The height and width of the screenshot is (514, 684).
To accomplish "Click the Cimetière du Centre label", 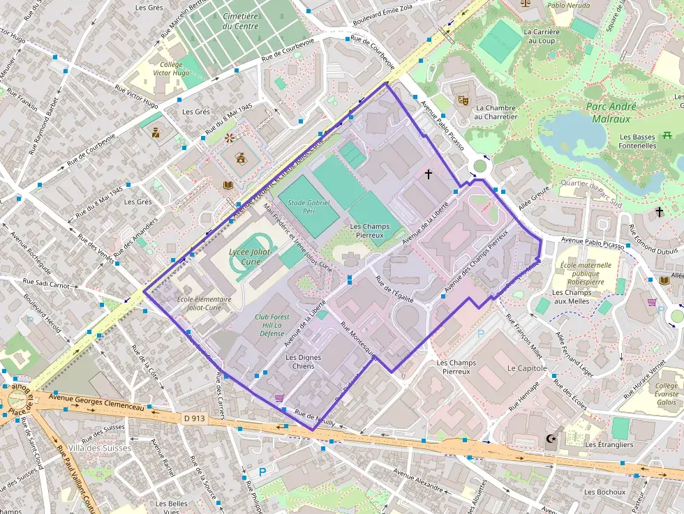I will pyautogui.click(x=240, y=21).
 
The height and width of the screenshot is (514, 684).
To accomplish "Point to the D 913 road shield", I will pyautogui.click(x=195, y=418).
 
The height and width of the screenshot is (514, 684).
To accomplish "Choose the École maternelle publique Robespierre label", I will pyautogui.click(x=585, y=274).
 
